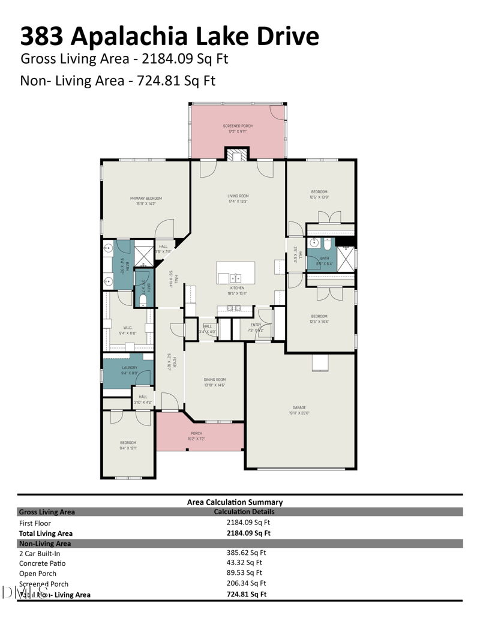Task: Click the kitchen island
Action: [235, 272]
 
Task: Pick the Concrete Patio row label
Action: [43, 563]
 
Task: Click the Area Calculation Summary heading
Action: [235, 502]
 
